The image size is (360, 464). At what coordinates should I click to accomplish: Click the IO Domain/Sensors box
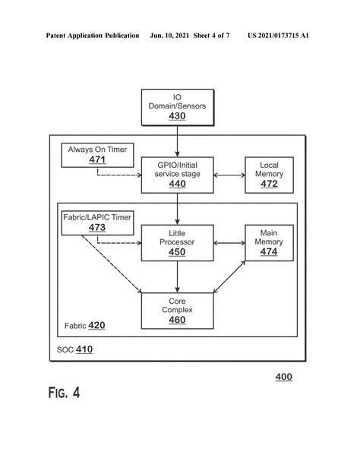point(177,106)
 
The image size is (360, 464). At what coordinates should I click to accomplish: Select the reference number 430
point(177,116)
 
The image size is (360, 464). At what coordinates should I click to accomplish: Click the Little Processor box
point(177,242)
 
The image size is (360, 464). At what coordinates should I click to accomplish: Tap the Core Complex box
point(177,311)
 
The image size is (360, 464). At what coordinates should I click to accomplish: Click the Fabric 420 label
point(86,326)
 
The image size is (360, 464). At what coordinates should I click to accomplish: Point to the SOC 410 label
point(74,350)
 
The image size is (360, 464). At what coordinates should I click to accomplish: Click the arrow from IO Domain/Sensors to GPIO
point(177,140)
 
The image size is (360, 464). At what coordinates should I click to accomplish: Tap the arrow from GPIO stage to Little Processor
point(177,208)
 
